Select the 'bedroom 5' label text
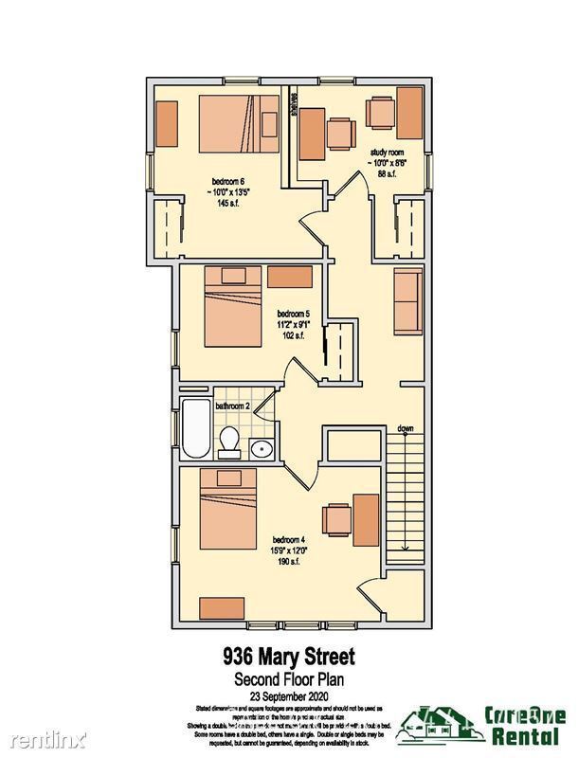[x=293, y=313]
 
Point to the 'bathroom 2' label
[x=232, y=406]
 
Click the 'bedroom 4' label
[x=289, y=532]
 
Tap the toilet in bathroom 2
[x=228, y=439]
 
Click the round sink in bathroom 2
[x=262, y=447]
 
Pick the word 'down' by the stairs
[x=406, y=428]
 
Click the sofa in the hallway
[x=407, y=299]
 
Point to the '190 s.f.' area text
[x=288, y=561]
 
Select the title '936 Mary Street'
[x=289, y=655]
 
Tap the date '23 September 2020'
[x=289, y=695]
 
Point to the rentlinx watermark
[x=44, y=735]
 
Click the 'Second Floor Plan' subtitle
[x=289, y=677]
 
